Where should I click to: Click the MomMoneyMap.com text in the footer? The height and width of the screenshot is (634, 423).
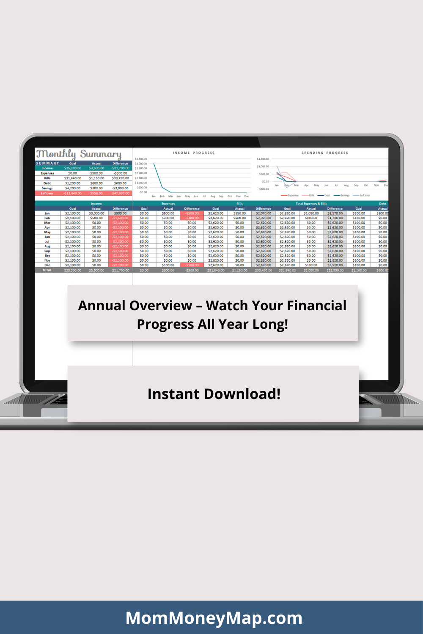click(x=214, y=618)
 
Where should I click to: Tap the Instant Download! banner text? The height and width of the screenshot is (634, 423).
click(x=214, y=394)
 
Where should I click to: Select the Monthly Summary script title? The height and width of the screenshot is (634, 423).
click(x=79, y=154)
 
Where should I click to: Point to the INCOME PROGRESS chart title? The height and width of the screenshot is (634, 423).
click(x=194, y=153)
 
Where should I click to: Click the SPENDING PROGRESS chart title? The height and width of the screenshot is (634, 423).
click(x=325, y=153)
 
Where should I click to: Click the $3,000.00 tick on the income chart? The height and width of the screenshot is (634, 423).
click(x=141, y=164)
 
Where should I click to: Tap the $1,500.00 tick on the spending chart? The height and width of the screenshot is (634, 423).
click(x=263, y=159)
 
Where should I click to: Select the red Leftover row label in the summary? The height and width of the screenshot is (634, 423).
click(x=47, y=193)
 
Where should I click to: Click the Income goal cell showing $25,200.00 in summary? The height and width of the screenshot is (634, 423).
click(x=73, y=168)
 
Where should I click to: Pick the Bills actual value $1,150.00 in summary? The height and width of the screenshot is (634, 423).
click(x=96, y=178)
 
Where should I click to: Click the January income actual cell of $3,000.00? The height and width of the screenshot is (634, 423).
click(x=96, y=213)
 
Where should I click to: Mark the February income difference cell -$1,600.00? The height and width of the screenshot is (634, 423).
click(x=120, y=218)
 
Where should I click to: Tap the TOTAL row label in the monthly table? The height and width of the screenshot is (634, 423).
click(x=47, y=270)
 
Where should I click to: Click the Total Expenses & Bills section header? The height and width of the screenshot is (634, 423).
click(x=311, y=204)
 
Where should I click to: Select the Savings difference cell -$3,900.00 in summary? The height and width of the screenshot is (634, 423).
click(x=120, y=188)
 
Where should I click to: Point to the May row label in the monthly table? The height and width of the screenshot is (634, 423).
click(x=47, y=232)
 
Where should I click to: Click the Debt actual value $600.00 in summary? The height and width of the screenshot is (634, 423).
click(x=96, y=183)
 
